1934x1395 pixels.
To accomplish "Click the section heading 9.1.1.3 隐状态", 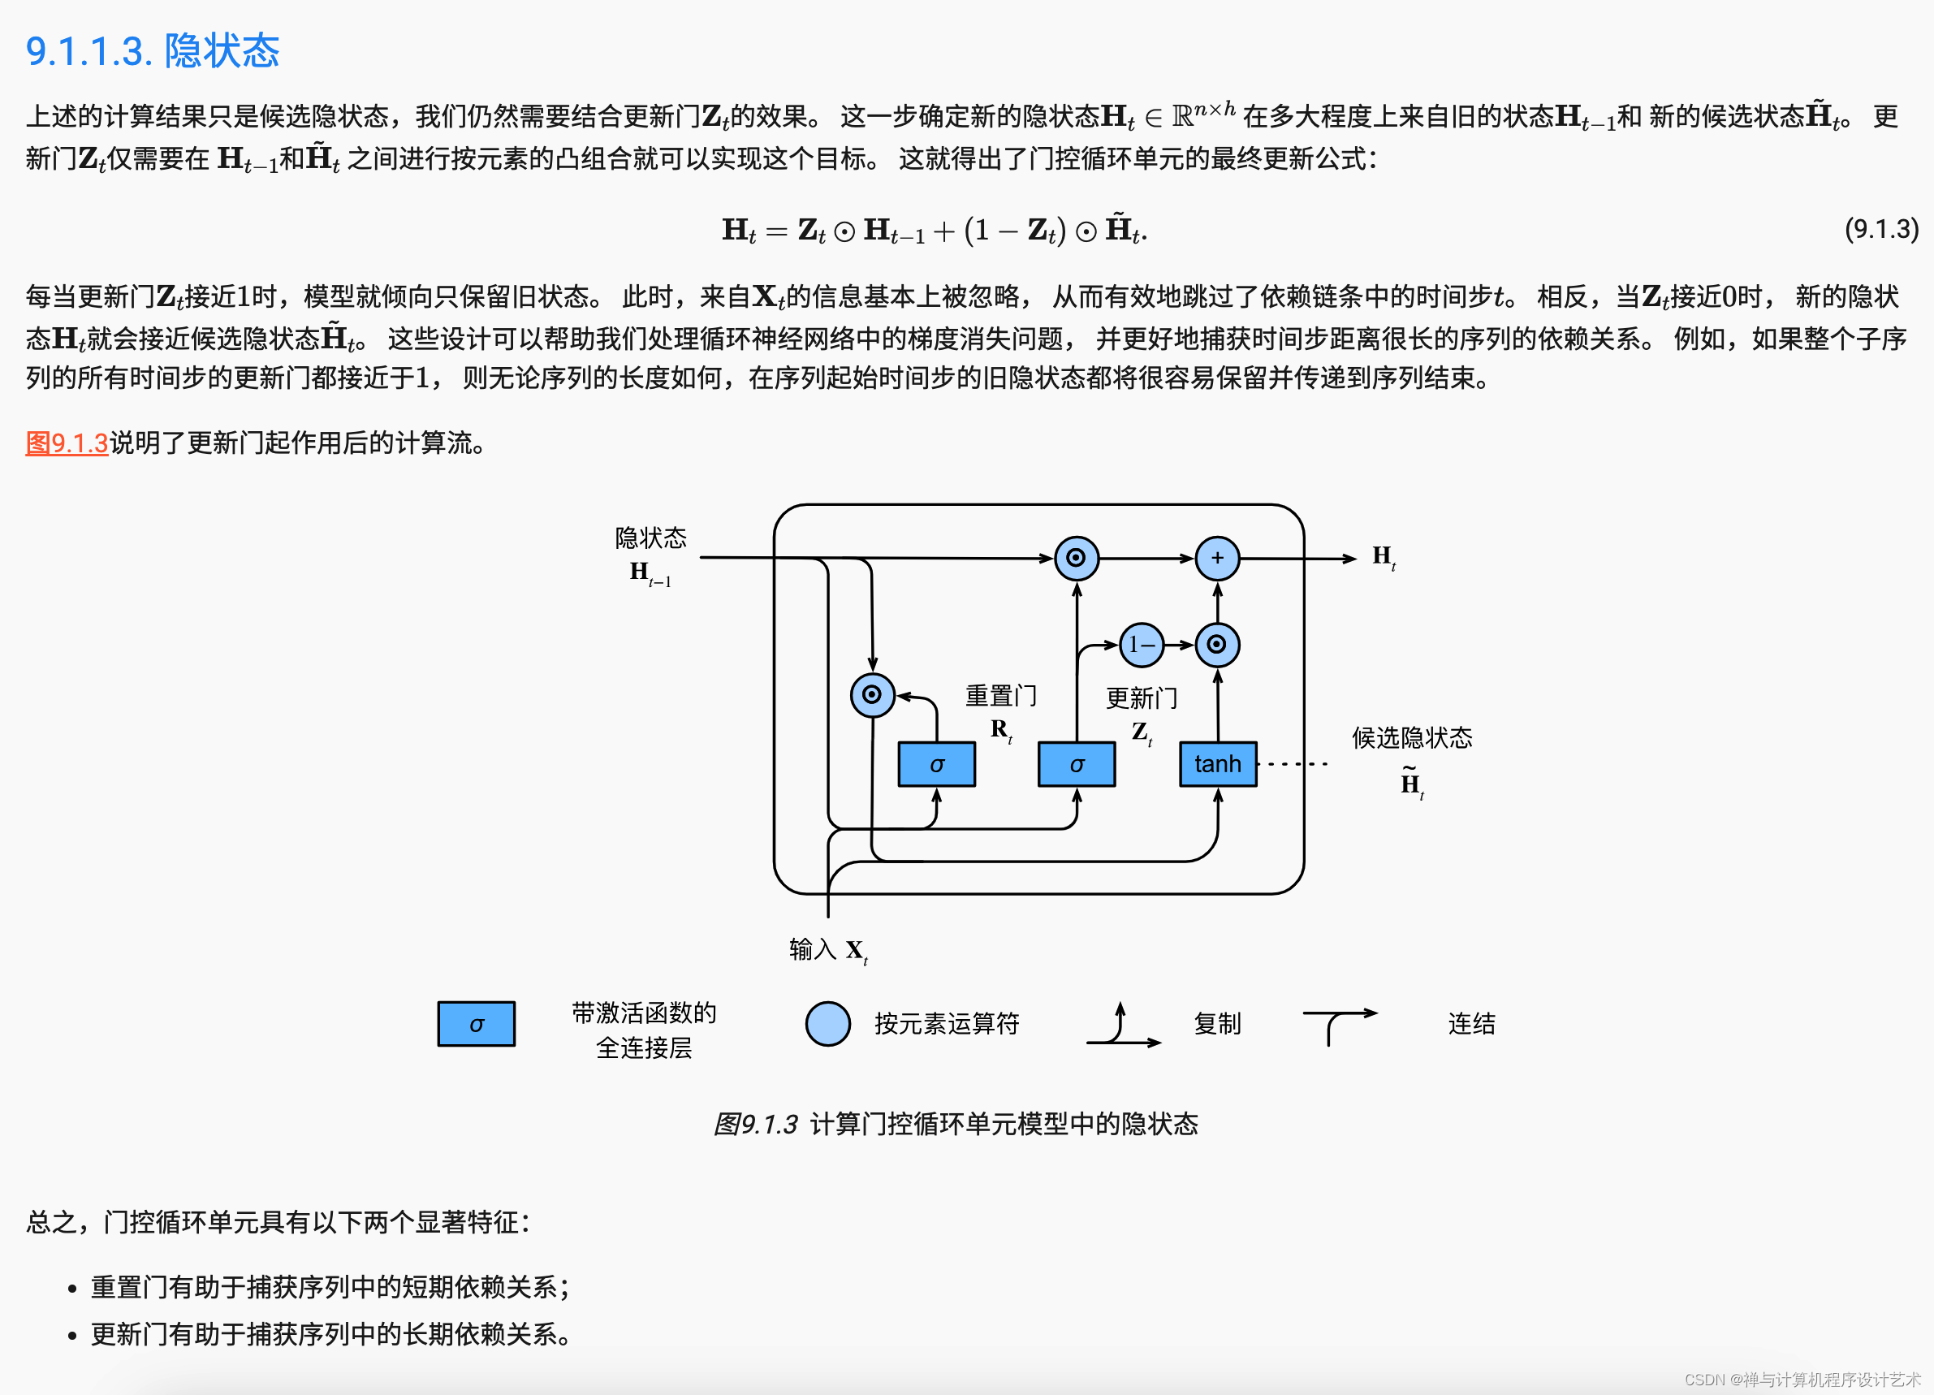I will [x=153, y=51].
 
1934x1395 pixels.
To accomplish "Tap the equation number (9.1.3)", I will [x=1881, y=228].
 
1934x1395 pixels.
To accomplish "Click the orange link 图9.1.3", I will [x=67, y=443].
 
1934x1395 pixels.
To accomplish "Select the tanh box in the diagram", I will [x=1217, y=763].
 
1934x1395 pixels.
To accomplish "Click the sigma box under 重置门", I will [x=936, y=764].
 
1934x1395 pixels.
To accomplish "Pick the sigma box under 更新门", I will [x=1076, y=764].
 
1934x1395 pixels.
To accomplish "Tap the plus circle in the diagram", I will [x=1217, y=558].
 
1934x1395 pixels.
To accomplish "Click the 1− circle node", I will [x=1141, y=645].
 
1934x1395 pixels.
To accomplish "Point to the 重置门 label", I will [x=1000, y=696].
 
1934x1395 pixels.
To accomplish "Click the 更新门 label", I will [x=1141, y=698].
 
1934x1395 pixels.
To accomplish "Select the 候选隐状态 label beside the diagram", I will [x=1411, y=737].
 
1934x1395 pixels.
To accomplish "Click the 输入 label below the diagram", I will [x=812, y=948].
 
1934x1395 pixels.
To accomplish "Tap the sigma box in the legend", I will [x=476, y=1023].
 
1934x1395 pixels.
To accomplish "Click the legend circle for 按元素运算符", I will [x=827, y=1023].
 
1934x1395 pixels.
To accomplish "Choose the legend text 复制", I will [x=1217, y=1023].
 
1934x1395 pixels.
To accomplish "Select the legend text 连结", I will [x=1471, y=1023].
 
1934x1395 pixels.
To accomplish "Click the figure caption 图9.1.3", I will [x=955, y=1124].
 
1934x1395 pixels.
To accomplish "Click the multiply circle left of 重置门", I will [x=871, y=694].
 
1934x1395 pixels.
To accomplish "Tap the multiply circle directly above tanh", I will [x=1217, y=644].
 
